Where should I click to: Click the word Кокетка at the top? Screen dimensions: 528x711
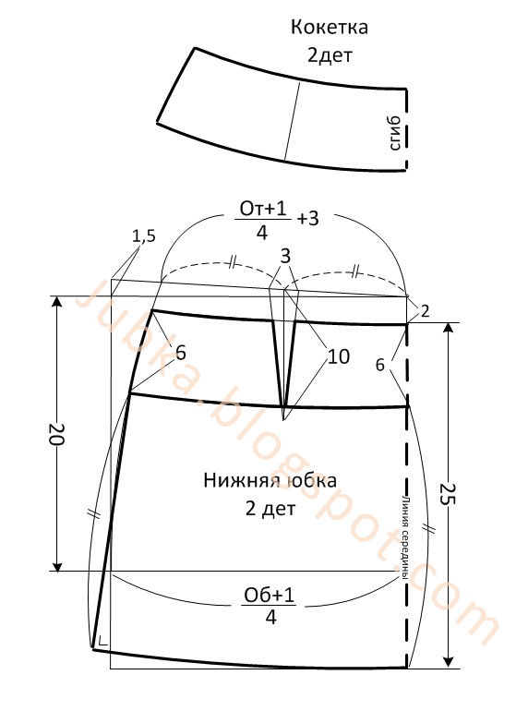329,28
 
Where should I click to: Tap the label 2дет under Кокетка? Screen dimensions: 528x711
330,55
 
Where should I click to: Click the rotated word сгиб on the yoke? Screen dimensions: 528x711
395,133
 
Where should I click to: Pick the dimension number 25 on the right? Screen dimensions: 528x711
448,494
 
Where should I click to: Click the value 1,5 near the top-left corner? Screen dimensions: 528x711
144,235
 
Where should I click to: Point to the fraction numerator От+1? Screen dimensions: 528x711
263,209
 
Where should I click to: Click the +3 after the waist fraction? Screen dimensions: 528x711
308,219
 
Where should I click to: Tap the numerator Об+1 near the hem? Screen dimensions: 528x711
270,595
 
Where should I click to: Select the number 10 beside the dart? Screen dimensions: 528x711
339,356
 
